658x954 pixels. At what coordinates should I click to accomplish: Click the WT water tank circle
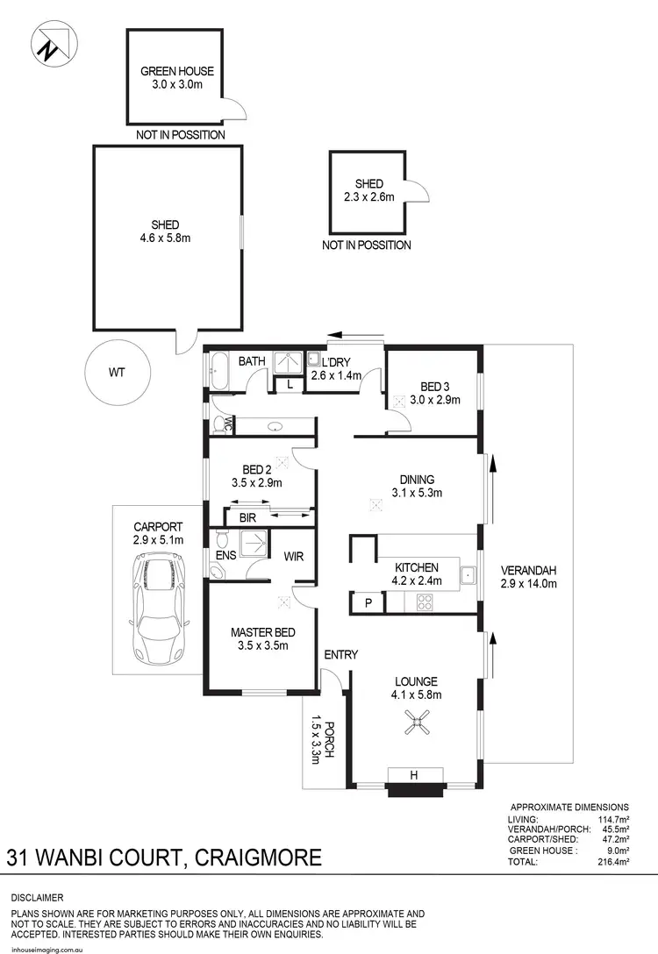[x=117, y=372]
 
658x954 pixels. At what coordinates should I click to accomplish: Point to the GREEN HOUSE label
[x=177, y=71]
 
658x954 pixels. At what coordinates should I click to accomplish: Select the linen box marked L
[x=290, y=383]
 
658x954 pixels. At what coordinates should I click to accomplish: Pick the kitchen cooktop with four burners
[x=424, y=602]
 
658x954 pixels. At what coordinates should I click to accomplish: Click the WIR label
[x=294, y=555]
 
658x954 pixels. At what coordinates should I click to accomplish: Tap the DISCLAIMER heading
[x=37, y=898]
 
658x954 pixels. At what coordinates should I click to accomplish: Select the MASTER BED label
[x=262, y=632]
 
